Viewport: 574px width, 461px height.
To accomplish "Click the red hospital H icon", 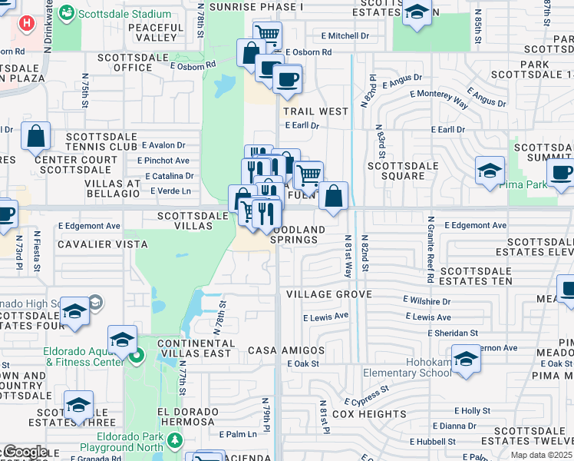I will coord(27,23).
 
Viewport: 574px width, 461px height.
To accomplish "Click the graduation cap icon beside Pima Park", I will coord(490,171).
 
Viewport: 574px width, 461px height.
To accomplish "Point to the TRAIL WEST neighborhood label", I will coord(315,111).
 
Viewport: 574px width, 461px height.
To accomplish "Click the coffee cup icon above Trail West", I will coord(287,79).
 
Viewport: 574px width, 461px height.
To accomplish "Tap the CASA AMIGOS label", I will coord(286,350).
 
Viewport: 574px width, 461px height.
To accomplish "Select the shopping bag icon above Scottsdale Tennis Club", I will coord(36,138).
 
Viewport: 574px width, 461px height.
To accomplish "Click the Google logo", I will coord(25,452).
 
